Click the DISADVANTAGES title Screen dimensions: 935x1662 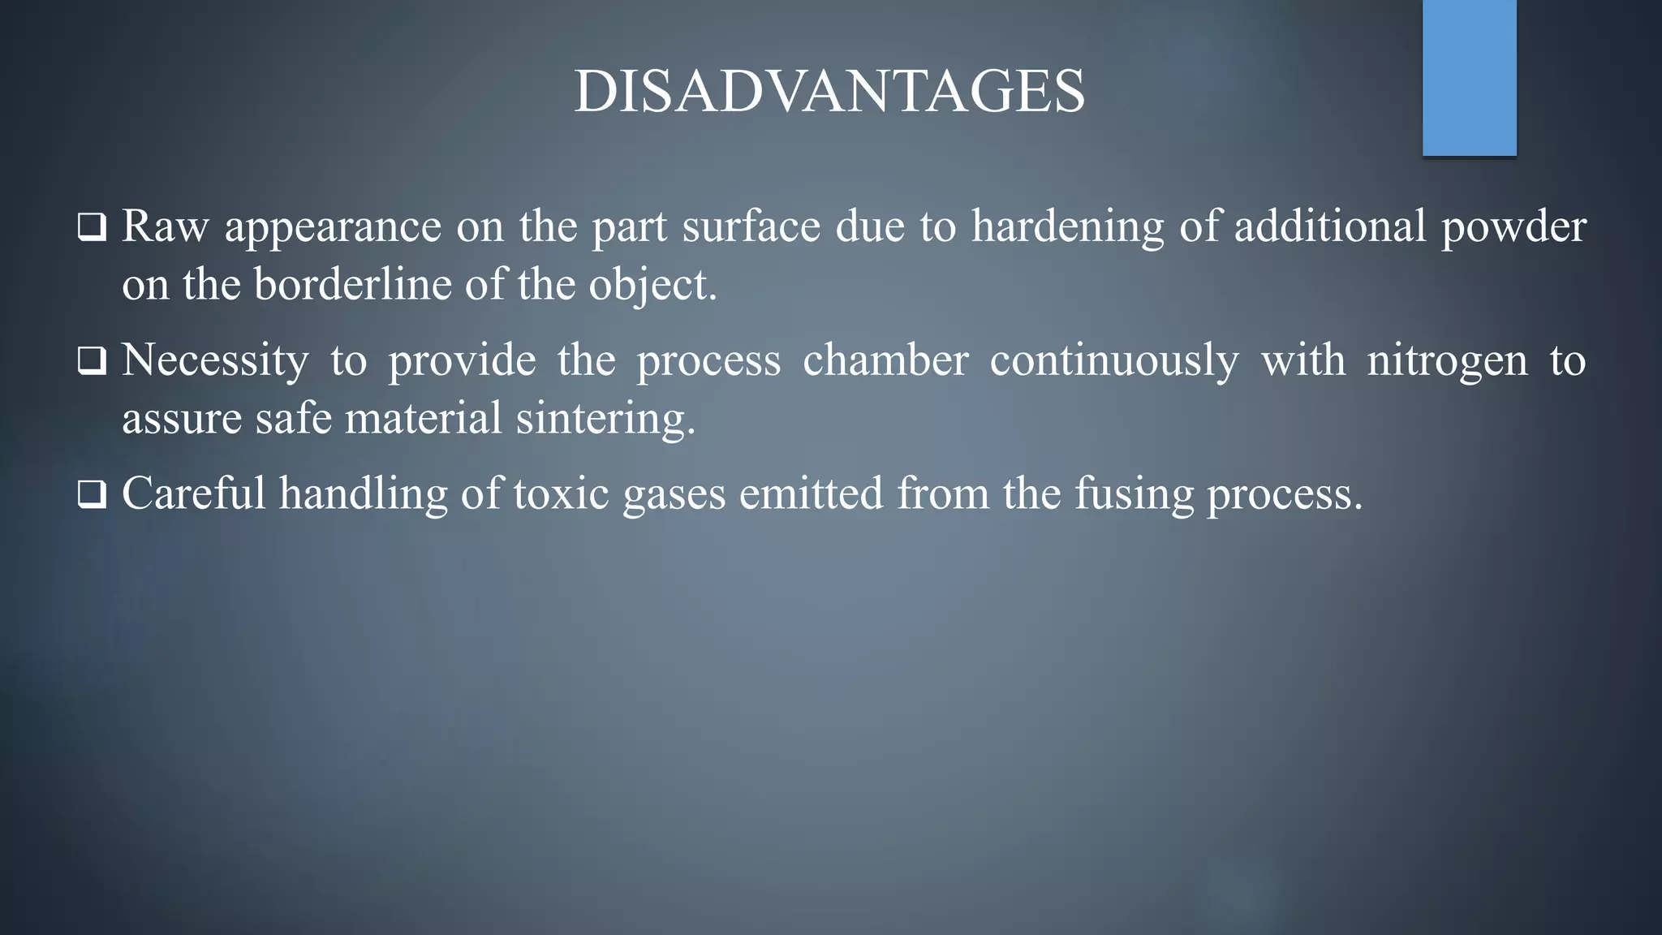pos(829,91)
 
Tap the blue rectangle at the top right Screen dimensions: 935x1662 pos(1469,77)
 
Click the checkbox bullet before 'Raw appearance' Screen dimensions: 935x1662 pos(92,227)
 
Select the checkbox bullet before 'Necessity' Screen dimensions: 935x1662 pos(92,361)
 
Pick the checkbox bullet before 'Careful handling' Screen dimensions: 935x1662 pos(92,494)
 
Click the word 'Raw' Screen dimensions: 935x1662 pos(165,226)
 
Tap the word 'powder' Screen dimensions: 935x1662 pos(1513,226)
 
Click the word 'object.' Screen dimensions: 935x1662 pos(653,285)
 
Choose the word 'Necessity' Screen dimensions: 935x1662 pos(215,360)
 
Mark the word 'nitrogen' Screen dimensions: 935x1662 pos(1447,360)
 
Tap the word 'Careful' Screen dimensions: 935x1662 pos(193,493)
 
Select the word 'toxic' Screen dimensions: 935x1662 pos(561,493)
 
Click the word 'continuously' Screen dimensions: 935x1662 pos(1114,360)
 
